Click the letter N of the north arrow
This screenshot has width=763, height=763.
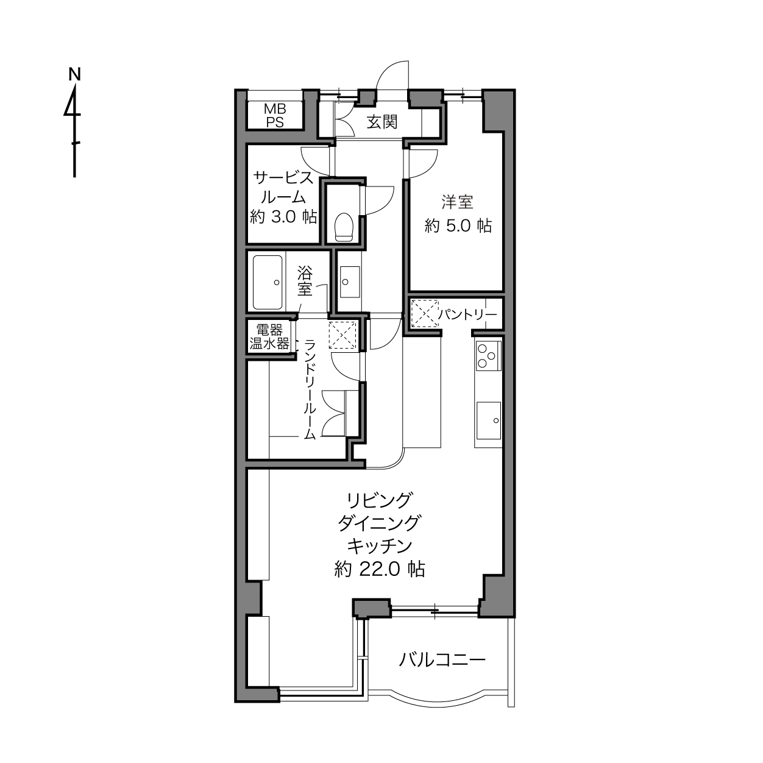(74, 74)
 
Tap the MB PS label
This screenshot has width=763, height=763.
(275, 115)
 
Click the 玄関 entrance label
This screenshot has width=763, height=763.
(381, 122)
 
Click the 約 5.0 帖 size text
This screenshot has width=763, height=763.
(458, 226)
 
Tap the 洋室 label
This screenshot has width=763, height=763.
(458, 202)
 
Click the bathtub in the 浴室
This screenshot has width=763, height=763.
(268, 282)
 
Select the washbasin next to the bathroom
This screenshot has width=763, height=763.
(350, 282)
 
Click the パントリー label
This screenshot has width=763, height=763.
(468, 315)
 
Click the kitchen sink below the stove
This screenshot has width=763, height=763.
(489, 421)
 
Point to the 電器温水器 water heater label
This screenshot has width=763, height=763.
(269, 337)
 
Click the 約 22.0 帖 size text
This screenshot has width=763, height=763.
(380, 569)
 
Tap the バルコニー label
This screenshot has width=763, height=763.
(442, 659)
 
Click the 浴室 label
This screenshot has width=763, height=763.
(305, 281)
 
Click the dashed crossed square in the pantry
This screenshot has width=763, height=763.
(425, 313)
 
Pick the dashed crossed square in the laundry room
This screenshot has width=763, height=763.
(342, 335)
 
